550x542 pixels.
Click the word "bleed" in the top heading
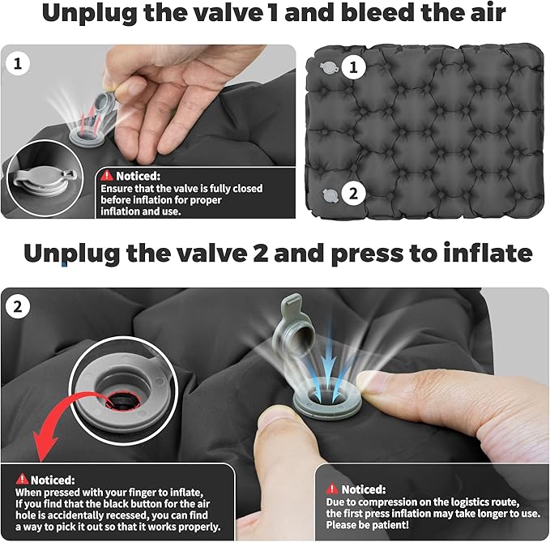pyautogui.click(x=377, y=12)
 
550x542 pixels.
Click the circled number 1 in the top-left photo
pyautogui.click(x=17, y=63)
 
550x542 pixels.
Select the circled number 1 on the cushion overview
pyautogui.click(x=353, y=66)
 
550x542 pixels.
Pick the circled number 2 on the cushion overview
pyautogui.click(x=353, y=194)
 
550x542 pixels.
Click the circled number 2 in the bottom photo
pyautogui.click(x=17, y=307)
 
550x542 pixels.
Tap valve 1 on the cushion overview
pyautogui.click(x=329, y=67)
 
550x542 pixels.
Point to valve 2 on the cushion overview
pyautogui.click(x=330, y=195)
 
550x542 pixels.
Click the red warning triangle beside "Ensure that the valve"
pyautogui.click(x=107, y=175)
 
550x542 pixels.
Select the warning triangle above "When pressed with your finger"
pyautogui.click(x=22, y=479)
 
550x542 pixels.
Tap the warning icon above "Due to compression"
pyautogui.click(x=332, y=489)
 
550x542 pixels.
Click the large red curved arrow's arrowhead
pyautogui.click(x=45, y=446)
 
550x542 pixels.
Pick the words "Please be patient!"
pyautogui.click(x=367, y=525)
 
